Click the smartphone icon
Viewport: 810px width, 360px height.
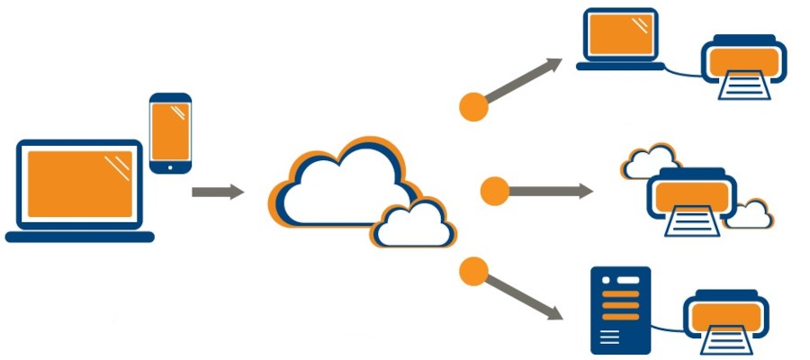tap(170, 131)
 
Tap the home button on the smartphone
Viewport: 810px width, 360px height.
tap(170, 166)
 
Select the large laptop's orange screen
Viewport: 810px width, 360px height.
tap(79, 185)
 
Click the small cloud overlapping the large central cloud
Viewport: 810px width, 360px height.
tap(410, 222)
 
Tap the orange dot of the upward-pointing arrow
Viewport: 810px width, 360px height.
tap(473, 105)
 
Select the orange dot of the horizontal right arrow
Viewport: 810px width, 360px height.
tap(494, 191)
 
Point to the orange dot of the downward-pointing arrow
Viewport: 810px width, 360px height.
tap(473, 270)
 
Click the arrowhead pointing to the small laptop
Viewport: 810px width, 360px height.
tap(553, 65)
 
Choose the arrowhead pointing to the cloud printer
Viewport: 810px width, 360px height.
tap(585, 191)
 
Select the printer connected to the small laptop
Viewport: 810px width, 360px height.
tap(743, 65)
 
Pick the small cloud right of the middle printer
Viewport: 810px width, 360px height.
tap(749, 213)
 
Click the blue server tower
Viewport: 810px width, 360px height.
tap(620, 310)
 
